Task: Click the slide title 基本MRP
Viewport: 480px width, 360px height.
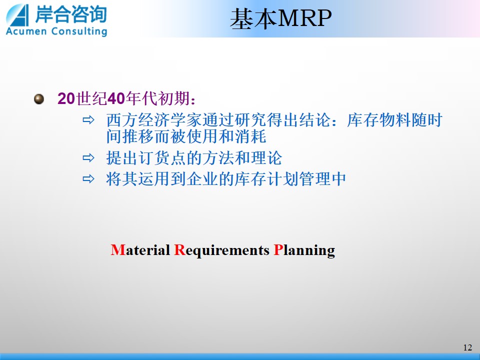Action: point(280,18)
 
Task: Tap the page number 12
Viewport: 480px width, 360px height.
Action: point(467,347)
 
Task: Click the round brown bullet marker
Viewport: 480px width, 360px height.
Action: point(39,99)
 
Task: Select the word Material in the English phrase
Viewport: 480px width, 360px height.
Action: point(140,250)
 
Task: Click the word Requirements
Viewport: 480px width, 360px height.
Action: point(221,250)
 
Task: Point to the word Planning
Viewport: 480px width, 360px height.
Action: point(304,250)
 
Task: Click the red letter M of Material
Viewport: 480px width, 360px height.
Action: point(118,250)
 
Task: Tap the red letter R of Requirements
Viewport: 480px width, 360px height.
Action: point(179,250)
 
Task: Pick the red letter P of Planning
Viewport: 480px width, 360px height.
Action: point(278,250)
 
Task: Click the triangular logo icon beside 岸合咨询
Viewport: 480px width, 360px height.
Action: point(18,15)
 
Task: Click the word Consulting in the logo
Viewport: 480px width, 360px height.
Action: point(79,31)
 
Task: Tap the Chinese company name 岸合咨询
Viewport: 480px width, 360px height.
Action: point(70,14)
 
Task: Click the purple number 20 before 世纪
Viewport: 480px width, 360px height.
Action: point(66,98)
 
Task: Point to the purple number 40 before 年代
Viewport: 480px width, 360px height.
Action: point(116,98)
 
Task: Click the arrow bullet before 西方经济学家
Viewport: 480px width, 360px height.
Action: point(88,120)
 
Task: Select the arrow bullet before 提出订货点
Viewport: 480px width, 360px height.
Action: point(88,158)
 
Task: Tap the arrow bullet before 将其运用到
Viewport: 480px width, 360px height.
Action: point(88,179)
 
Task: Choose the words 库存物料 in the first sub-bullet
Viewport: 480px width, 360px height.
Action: point(378,120)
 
